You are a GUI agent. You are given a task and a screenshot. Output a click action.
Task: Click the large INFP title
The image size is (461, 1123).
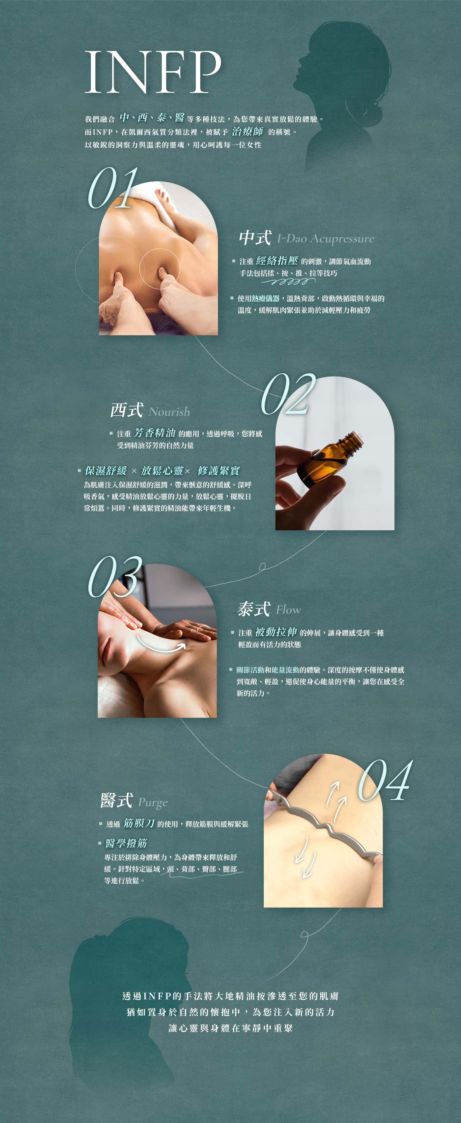153,72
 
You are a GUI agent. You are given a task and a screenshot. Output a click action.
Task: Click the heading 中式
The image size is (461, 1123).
255,238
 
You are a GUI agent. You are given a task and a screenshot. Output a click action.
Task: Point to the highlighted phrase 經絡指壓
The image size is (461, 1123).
277,261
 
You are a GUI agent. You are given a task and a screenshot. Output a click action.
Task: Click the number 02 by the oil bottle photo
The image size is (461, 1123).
288,394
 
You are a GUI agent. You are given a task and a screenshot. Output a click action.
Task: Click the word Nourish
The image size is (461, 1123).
169,412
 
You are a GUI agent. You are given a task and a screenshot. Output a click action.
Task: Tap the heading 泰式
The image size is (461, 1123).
254,609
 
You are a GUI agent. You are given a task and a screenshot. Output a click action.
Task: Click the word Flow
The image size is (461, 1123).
288,610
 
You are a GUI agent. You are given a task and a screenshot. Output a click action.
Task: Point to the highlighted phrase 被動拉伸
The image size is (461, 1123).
276,632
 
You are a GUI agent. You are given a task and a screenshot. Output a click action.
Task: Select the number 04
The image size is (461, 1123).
385,781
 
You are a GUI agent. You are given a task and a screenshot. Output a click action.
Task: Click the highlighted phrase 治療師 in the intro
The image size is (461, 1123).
247,131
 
